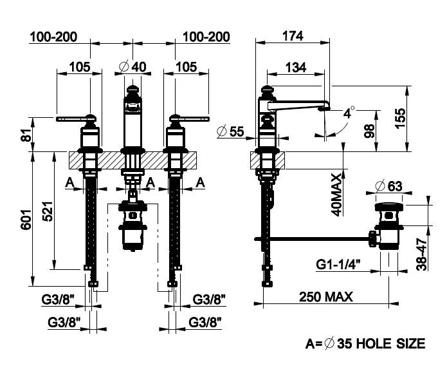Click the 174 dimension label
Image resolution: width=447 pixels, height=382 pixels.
[x=293, y=36]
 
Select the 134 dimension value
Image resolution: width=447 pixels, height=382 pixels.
[x=296, y=68]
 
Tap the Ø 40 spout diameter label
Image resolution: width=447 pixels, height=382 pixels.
[x=132, y=67]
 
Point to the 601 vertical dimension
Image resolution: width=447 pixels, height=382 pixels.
[x=26, y=219]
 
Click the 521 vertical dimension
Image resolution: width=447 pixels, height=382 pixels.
[x=48, y=211]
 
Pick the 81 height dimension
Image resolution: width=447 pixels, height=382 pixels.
[x=26, y=135]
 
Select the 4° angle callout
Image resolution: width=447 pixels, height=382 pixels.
[x=349, y=113]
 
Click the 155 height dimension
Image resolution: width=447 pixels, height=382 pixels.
[x=400, y=119]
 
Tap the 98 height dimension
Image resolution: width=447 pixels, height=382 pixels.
[x=369, y=131]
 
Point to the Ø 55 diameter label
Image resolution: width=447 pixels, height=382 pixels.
[x=230, y=131]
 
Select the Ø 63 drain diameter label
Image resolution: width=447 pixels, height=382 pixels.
[x=388, y=186]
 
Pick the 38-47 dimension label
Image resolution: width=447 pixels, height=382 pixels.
[x=422, y=254]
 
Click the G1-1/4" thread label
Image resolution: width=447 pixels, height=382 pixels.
[x=338, y=264]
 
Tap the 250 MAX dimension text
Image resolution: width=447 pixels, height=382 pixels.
[x=325, y=297]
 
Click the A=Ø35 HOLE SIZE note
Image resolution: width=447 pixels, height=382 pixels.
[x=365, y=343]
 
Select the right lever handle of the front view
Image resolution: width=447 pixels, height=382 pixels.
[x=189, y=119]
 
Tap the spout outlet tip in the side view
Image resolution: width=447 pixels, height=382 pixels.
[x=324, y=109]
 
